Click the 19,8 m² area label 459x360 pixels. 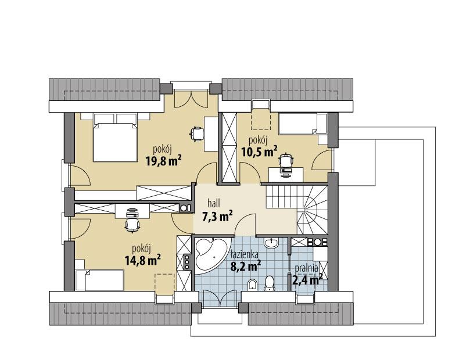click(x=163, y=161)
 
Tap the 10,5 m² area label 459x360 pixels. click(x=259, y=152)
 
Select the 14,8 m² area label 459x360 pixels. click(x=143, y=261)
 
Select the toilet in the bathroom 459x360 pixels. click(x=269, y=283)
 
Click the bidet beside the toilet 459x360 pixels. click(x=251, y=284)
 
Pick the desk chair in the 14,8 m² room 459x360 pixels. click(x=132, y=222)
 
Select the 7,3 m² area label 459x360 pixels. click(x=217, y=217)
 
